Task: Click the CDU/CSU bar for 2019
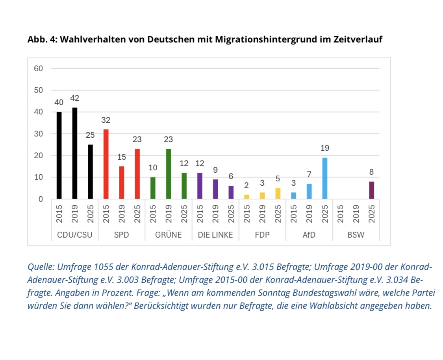click(75, 153)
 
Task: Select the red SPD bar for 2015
click(106, 164)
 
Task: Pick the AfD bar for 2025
click(325, 178)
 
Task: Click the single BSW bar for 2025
click(371, 190)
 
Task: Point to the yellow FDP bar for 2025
click(278, 194)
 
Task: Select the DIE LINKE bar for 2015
click(200, 186)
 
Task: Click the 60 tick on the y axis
click(38, 68)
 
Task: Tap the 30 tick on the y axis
click(38, 134)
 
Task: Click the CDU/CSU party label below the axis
click(74, 235)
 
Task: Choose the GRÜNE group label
click(169, 235)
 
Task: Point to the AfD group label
click(309, 235)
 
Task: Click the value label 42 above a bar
click(75, 98)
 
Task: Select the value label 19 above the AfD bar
click(325, 148)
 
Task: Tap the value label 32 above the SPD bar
click(106, 120)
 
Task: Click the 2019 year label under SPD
click(122, 214)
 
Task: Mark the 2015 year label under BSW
click(341, 214)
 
